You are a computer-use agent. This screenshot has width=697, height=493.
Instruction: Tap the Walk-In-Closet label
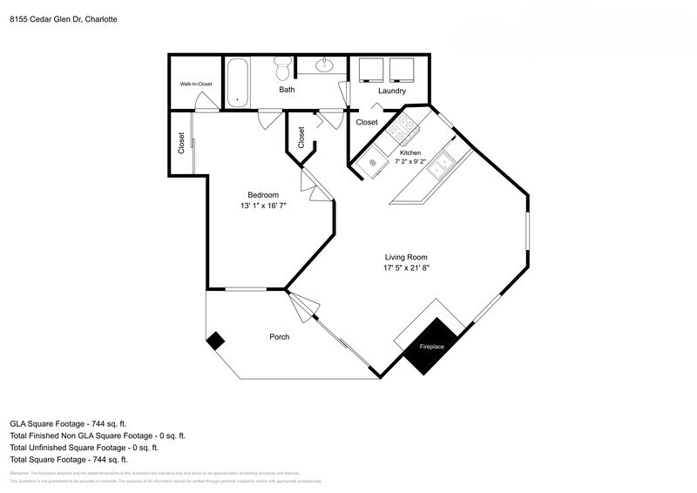pyautogui.click(x=196, y=84)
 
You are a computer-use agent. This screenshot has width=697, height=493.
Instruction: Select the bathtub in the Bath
pyautogui.click(x=238, y=82)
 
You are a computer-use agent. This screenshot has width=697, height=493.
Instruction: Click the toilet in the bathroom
pyautogui.click(x=282, y=66)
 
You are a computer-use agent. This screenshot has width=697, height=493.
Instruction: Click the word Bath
pyautogui.click(x=287, y=90)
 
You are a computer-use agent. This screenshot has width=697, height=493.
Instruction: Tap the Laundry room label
pyautogui.click(x=391, y=91)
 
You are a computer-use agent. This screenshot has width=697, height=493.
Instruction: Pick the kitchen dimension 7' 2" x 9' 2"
pyautogui.click(x=410, y=161)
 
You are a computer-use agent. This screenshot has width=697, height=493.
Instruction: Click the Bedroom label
pyautogui.click(x=262, y=194)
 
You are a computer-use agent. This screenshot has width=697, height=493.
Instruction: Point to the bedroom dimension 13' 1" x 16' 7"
pyautogui.click(x=262, y=206)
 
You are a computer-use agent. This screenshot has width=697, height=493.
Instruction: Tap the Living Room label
pyautogui.click(x=407, y=257)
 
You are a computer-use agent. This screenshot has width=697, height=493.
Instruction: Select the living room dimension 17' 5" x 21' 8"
pyautogui.click(x=407, y=269)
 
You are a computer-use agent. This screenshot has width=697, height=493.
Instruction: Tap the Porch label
pyautogui.click(x=279, y=337)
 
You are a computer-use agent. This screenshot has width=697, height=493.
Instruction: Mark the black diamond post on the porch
pyautogui.click(x=214, y=341)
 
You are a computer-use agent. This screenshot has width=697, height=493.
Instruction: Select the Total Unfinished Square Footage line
pyautogui.click(x=84, y=447)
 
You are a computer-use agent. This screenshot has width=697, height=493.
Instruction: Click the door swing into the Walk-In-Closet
pyautogui.click(x=206, y=106)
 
